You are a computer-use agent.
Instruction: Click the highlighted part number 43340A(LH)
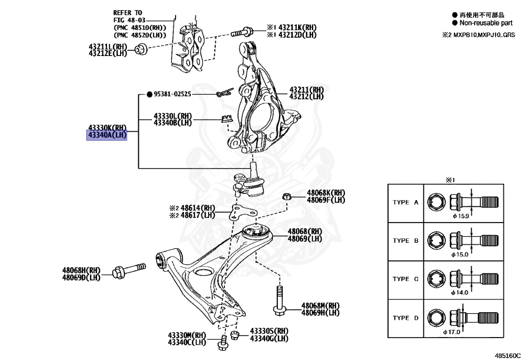(106, 135)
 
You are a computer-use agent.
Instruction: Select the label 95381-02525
(172, 94)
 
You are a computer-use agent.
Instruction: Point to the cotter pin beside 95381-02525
(223, 94)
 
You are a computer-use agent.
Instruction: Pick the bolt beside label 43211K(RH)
(240, 32)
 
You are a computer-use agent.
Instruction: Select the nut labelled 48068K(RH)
(286, 196)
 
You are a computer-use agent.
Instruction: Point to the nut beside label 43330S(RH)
(235, 335)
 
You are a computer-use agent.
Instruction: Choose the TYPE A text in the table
(405, 202)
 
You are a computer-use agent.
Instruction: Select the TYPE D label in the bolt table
(405, 318)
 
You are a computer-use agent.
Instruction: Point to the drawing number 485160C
(505, 353)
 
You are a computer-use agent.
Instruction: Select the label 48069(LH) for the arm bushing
(305, 238)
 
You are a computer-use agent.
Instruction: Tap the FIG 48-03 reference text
(128, 20)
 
